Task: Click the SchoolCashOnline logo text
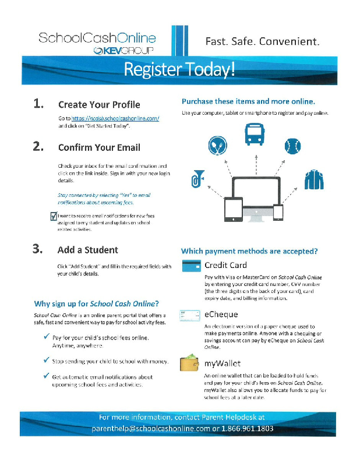click(97, 38)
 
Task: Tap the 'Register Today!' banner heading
click(180, 70)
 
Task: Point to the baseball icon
click(292, 146)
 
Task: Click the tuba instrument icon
click(197, 182)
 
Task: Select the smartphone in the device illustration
click(278, 212)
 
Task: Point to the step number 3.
click(38, 249)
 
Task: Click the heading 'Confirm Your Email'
click(99, 147)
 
